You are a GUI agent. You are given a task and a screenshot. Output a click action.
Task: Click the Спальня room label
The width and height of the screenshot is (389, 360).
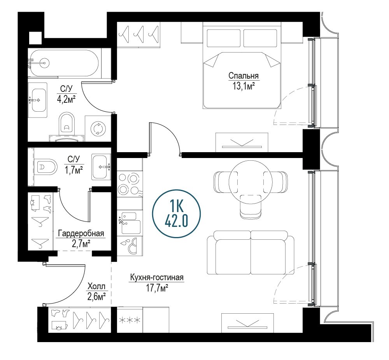[x=244, y=76]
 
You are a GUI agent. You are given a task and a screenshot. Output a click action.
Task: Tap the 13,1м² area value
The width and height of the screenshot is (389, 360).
[x=244, y=86]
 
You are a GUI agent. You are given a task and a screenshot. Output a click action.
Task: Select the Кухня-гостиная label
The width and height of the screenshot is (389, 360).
[x=157, y=277]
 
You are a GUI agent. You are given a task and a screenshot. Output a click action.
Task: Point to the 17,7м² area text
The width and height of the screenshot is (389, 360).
[x=157, y=288]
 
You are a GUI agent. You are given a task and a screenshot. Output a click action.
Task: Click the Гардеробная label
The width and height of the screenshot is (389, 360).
[x=81, y=234]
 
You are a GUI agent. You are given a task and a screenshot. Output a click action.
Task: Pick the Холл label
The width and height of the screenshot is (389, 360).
[x=96, y=287]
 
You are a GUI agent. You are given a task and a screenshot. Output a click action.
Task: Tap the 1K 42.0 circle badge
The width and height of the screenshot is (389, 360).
[x=176, y=214]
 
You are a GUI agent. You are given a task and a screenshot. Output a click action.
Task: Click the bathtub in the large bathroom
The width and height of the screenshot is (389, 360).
[x=63, y=63]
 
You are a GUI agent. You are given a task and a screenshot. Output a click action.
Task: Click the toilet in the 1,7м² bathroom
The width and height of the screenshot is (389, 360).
[x=46, y=167]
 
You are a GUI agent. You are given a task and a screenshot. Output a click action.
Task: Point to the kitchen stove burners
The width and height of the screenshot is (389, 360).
[x=130, y=183]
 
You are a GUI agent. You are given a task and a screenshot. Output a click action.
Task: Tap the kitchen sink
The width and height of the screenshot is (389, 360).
[x=130, y=223]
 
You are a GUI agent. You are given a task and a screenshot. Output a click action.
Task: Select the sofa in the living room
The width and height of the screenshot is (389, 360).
[x=251, y=253]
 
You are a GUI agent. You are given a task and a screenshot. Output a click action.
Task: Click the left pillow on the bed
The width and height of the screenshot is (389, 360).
[x=224, y=38]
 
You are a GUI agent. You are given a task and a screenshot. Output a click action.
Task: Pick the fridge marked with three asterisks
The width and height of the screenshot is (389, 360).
[x=130, y=320]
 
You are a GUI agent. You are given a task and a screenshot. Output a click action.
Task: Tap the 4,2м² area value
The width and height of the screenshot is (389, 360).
[x=66, y=99]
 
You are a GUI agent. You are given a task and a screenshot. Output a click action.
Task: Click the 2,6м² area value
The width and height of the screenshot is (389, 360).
[x=96, y=297]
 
